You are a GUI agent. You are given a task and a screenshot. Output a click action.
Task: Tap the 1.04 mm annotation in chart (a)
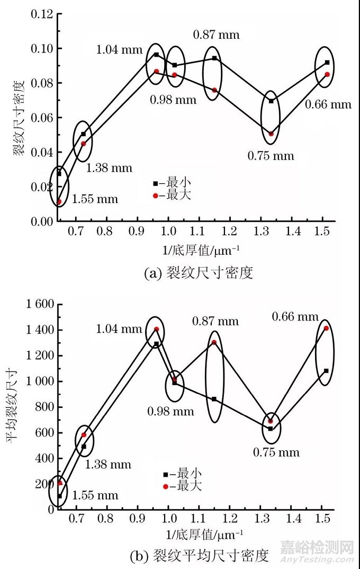pyautogui.click(x=119, y=50)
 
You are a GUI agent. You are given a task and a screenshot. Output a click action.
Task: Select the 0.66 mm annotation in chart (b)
pyautogui.click(x=295, y=317)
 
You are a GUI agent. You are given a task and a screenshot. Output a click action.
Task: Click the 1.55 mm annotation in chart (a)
pyautogui.click(x=95, y=200)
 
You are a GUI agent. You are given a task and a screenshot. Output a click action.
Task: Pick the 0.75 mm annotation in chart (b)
pyautogui.click(x=276, y=452)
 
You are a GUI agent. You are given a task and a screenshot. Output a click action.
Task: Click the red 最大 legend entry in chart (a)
pyautogui.click(x=172, y=195)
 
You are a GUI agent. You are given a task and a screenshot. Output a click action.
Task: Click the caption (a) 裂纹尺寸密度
pyautogui.click(x=199, y=273)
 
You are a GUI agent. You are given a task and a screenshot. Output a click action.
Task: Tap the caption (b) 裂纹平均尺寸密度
pyautogui.click(x=199, y=556)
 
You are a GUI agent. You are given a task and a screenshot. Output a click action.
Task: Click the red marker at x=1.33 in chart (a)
pyautogui.click(x=271, y=134)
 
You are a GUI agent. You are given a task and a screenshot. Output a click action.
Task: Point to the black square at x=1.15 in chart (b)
pyautogui.click(x=214, y=398)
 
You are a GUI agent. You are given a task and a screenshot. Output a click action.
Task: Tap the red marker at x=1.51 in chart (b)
pyautogui.click(x=326, y=328)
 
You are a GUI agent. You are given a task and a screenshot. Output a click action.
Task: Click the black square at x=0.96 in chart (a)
pyautogui.click(x=156, y=55)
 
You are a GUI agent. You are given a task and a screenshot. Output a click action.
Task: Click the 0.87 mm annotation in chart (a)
pyautogui.click(x=216, y=35)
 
